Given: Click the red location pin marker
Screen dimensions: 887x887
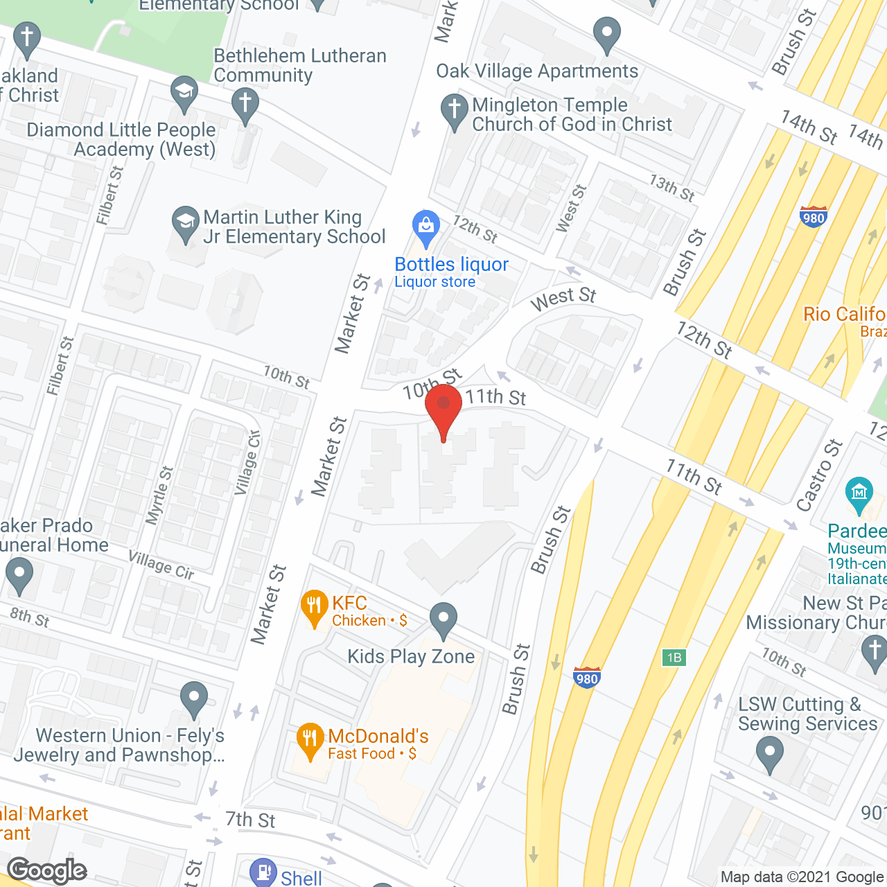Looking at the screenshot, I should pos(443,407).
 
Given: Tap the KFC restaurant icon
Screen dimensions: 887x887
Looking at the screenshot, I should pos(314,606).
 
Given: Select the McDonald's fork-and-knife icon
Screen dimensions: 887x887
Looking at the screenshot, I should pos(310,740).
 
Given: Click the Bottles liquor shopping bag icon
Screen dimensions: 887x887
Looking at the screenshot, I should pos(426,226).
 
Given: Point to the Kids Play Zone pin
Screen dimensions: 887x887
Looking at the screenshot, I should pos(443,619).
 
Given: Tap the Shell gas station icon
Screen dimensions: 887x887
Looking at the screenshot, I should pos(263,872).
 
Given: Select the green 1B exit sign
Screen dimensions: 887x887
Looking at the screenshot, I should pos(674,658).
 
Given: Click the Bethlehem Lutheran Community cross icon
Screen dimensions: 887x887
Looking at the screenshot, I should pos(245,104).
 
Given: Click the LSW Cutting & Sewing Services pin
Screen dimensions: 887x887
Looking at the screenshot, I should pos(769,753).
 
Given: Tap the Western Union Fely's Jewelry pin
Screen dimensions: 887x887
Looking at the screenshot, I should pos(194,699).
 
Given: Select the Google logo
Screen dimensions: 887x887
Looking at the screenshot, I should pos(47,870).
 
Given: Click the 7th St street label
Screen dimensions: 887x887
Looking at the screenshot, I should pos(250,820).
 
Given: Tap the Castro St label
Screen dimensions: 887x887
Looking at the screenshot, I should pos(820,475).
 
